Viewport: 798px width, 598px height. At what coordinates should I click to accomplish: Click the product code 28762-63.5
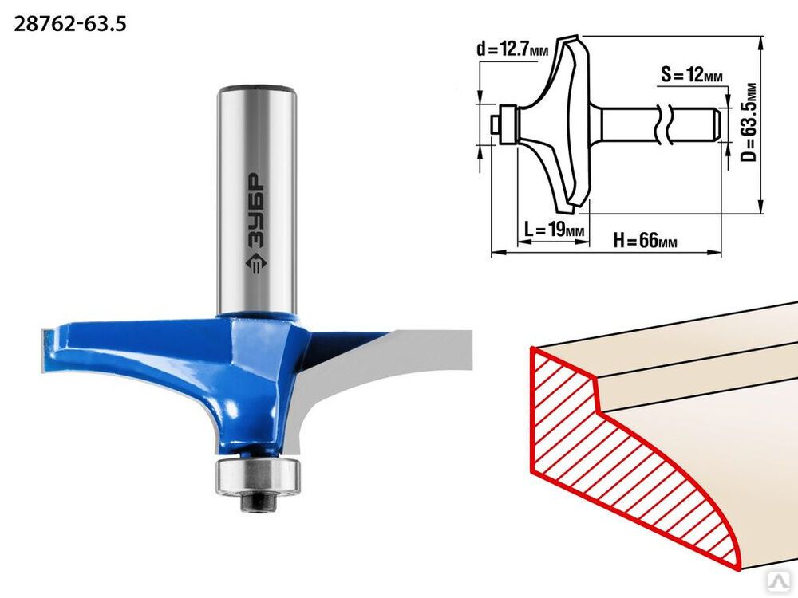69,24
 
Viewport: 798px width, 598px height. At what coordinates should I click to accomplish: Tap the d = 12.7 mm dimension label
512,49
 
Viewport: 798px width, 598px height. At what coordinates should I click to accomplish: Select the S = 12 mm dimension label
692,74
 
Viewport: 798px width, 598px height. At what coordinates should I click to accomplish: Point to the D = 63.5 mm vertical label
749,122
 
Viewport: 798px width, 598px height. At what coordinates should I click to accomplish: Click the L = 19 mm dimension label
555,230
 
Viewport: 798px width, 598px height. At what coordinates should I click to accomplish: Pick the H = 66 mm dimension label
646,239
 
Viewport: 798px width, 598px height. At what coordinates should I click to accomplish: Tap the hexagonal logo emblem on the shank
255,263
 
